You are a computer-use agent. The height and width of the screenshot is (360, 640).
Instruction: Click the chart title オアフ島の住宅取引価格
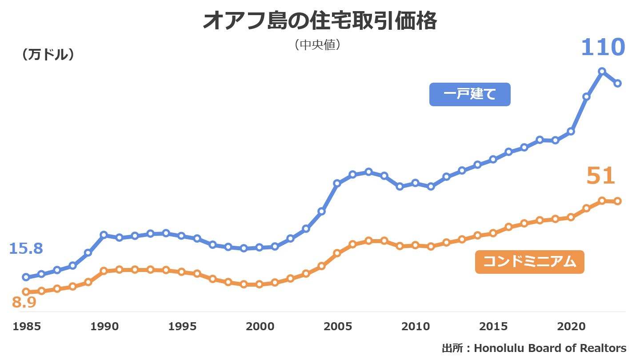pyautogui.click(x=320, y=21)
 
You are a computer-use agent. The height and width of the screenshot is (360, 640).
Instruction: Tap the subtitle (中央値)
pyautogui.click(x=317, y=45)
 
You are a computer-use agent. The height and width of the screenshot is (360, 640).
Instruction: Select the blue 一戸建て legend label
pyautogui.click(x=469, y=94)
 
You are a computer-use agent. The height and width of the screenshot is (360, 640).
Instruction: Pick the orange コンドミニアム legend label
pyautogui.click(x=529, y=262)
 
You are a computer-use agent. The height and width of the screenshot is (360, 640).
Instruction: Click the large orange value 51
pyautogui.click(x=600, y=176)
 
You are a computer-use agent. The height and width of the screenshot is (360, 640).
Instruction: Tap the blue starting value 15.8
pyautogui.click(x=26, y=248)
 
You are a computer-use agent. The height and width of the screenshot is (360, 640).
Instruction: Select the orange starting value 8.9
pyautogui.click(x=24, y=302)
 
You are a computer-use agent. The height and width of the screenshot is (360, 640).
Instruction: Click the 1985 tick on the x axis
pyautogui.click(x=27, y=327)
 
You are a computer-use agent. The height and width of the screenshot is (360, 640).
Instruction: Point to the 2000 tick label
pyautogui.click(x=260, y=327)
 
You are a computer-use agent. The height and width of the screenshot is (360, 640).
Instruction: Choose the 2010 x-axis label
pyautogui.click(x=416, y=327)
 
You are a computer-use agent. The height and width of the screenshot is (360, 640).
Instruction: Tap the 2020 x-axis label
pyautogui.click(x=571, y=327)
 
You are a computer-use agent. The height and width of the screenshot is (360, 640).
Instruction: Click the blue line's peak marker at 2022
pyautogui.click(x=602, y=71)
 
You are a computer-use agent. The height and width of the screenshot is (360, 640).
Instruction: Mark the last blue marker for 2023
pyautogui.click(x=618, y=83)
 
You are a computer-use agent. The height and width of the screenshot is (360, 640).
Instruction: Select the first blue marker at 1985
pyautogui.click(x=26, y=277)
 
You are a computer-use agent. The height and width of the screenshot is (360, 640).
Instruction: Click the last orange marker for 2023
pyautogui.click(x=618, y=201)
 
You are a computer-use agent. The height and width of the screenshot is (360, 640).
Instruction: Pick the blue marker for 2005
pyautogui.click(x=337, y=183)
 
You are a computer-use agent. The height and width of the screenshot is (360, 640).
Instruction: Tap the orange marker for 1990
pyautogui.click(x=104, y=271)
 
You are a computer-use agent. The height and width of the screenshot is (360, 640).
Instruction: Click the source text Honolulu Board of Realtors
pyautogui.click(x=550, y=348)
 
